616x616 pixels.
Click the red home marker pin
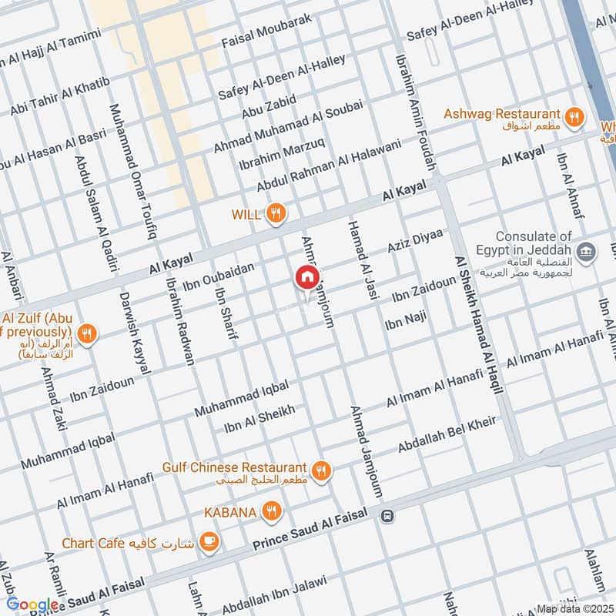[306, 277]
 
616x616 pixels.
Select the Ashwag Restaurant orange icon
[573, 117]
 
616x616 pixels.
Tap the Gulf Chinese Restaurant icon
[321, 469]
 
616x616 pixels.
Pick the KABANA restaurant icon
[270, 511]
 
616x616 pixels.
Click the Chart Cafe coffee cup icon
[208, 543]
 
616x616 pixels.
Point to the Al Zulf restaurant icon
[88, 333]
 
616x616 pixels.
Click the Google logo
[32, 605]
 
